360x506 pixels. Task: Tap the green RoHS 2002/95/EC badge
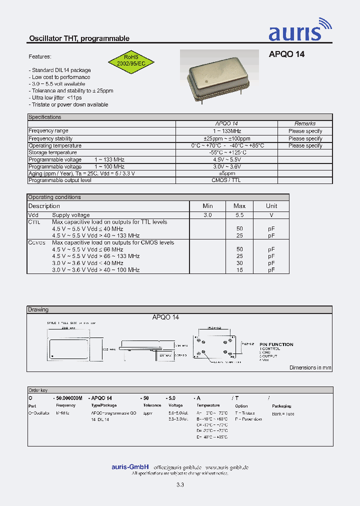(x=131, y=61)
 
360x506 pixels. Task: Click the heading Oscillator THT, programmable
(x=79, y=38)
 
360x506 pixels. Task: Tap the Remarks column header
(x=305, y=123)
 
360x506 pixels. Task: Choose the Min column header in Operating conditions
(x=207, y=206)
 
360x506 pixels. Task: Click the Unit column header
(x=271, y=206)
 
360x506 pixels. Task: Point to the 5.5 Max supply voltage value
(x=239, y=215)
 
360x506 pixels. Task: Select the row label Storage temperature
(x=52, y=152)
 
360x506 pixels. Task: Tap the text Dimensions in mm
(x=310, y=367)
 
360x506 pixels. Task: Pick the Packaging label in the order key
(x=281, y=406)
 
